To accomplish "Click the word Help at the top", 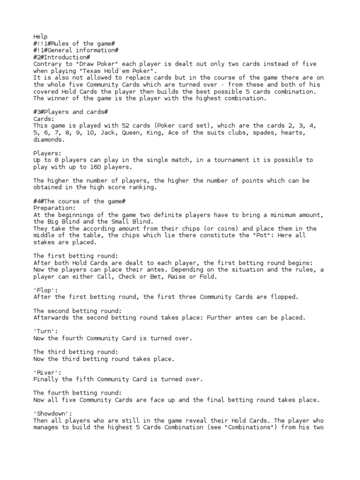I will click(x=40, y=36).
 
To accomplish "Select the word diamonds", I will click(x=49, y=140).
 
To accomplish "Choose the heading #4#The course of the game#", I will click(x=79, y=201).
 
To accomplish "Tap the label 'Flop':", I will click(x=45, y=291).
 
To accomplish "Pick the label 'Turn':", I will click(x=45, y=331).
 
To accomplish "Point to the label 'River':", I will click(x=47, y=373).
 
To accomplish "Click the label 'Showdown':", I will click(x=52, y=414).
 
